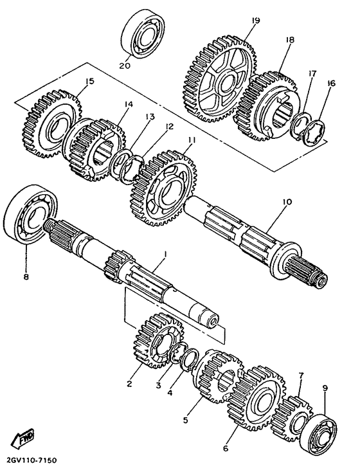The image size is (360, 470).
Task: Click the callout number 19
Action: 256,21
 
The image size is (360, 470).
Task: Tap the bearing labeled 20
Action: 143,33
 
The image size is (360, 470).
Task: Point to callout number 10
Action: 286,202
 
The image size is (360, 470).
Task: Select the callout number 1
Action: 165,254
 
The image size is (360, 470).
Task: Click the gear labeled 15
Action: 51,123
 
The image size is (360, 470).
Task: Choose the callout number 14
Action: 129,104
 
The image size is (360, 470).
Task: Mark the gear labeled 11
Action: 163,188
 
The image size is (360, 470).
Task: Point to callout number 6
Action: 226,448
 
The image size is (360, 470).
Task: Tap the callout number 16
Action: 331,83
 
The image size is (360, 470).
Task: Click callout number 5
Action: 186,420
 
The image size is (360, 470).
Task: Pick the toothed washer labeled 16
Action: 314,132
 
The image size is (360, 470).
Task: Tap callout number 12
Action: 169,127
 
